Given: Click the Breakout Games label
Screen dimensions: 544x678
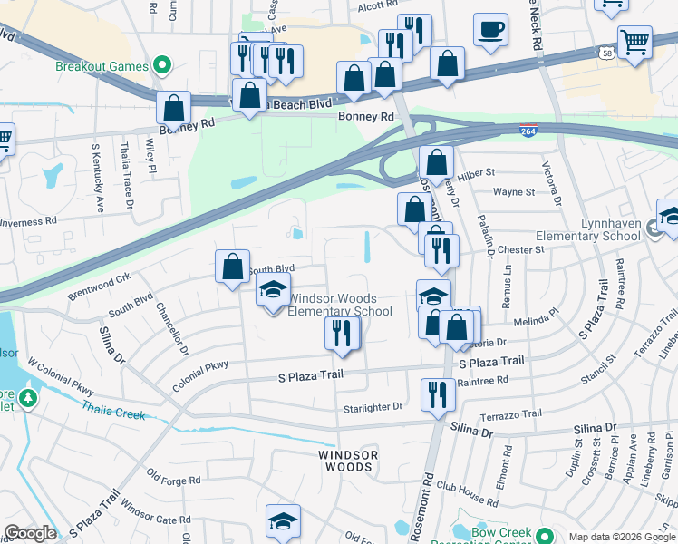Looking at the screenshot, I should (102, 66).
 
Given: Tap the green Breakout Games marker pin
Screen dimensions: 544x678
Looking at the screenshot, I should (162, 65).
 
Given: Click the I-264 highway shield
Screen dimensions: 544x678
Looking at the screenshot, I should (527, 132).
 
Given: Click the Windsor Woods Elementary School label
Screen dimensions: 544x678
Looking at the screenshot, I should (339, 305).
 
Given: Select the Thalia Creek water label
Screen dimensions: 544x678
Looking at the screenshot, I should (113, 412).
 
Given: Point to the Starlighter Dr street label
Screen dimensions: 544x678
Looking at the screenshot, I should (373, 407).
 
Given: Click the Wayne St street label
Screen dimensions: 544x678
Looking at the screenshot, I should (514, 192).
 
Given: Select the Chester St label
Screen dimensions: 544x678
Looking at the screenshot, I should (519, 249).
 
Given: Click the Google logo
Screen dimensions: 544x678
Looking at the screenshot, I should (30, 533).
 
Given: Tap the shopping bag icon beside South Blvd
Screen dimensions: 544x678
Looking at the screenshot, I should (232, 267).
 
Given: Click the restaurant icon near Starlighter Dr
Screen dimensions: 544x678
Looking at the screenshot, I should (438, 394).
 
